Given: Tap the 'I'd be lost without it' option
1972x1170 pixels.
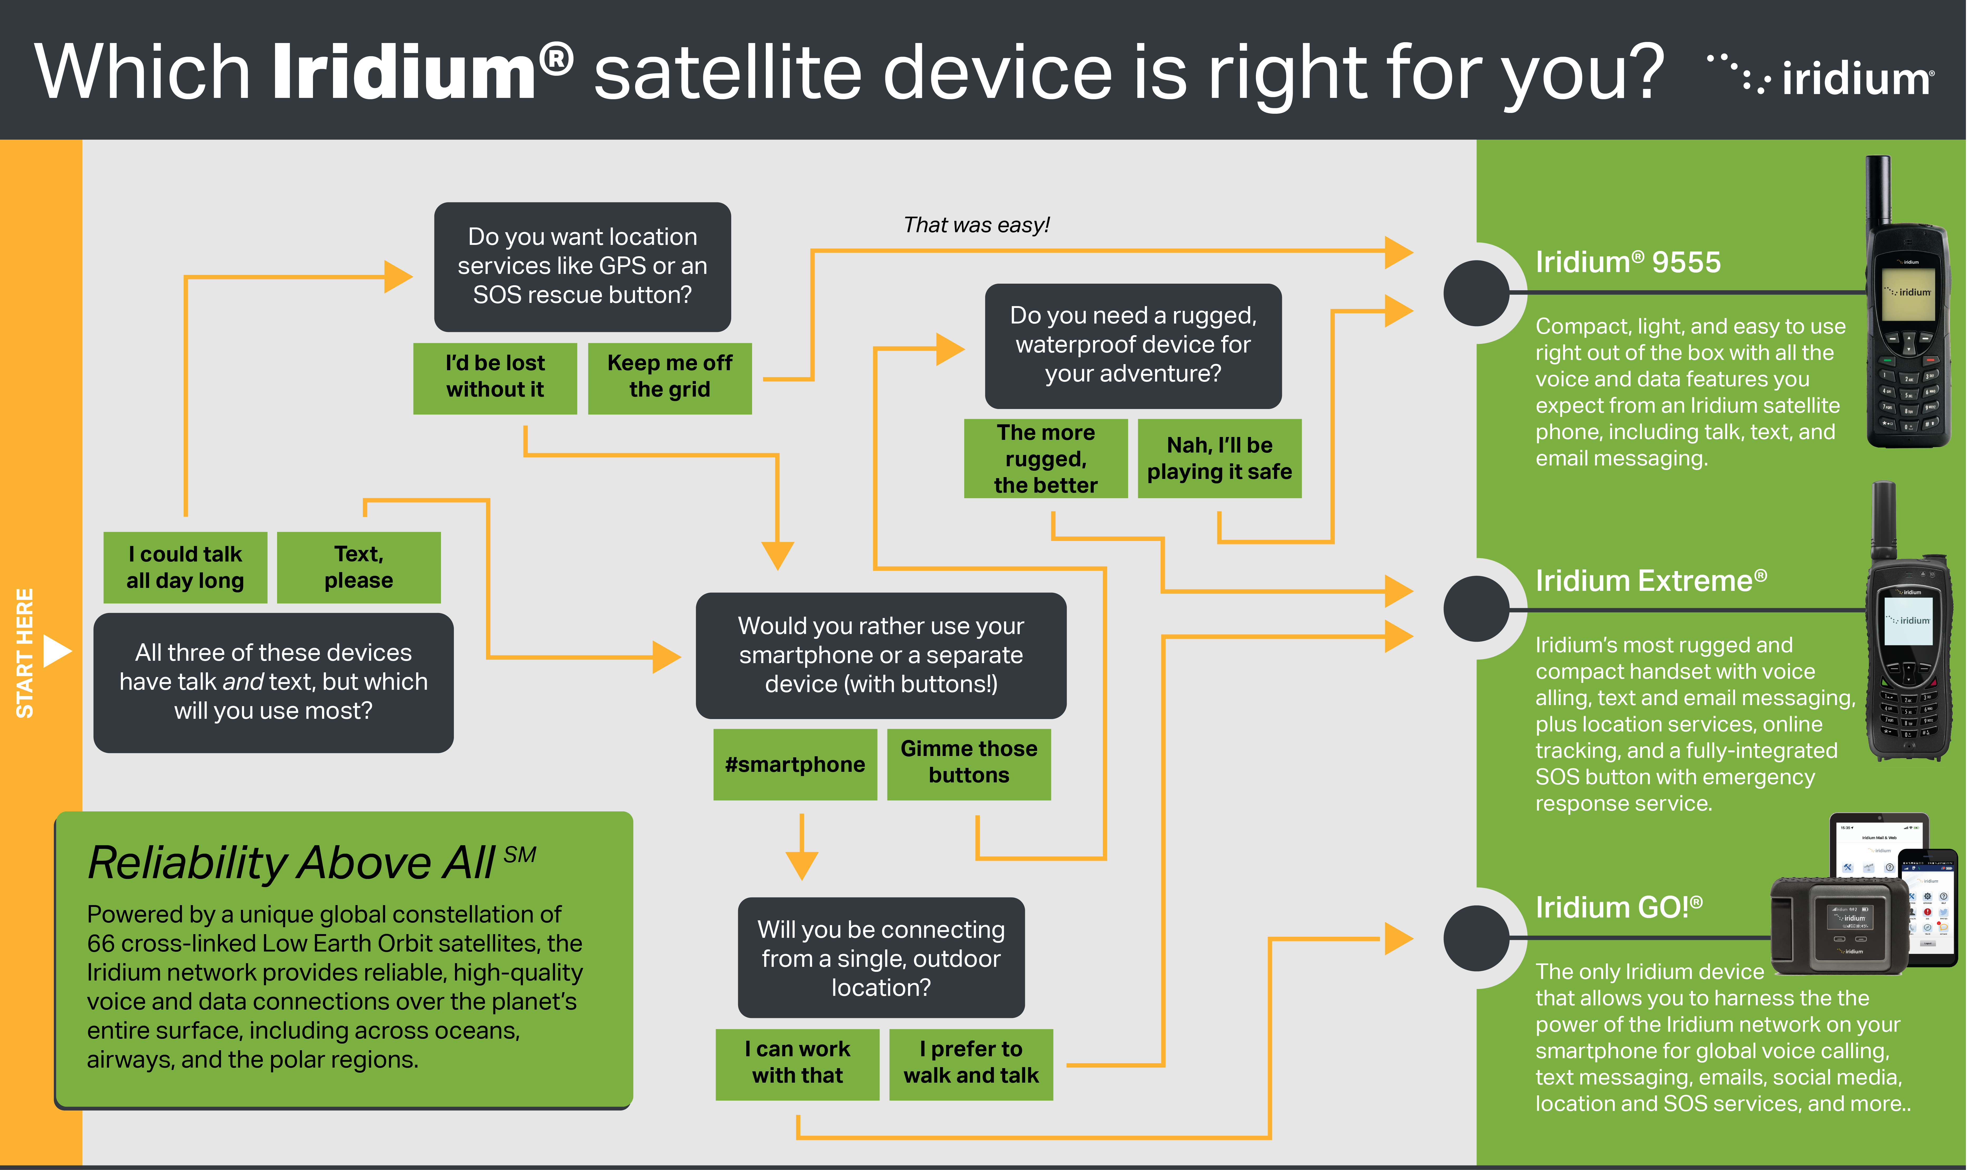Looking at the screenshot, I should point(495,377).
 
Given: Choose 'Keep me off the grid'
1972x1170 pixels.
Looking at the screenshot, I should point(669,377).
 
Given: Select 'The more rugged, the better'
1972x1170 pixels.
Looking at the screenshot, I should point(1046,459).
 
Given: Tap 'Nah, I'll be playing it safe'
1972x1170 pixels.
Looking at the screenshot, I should point(1219,459).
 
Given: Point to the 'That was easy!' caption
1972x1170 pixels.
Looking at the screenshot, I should point(976,226).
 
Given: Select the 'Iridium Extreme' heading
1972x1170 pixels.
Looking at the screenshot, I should point(1650,581).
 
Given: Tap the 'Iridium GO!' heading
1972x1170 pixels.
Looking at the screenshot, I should point(1619,907).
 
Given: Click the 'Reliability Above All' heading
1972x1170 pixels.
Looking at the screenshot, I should point(292,863).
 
